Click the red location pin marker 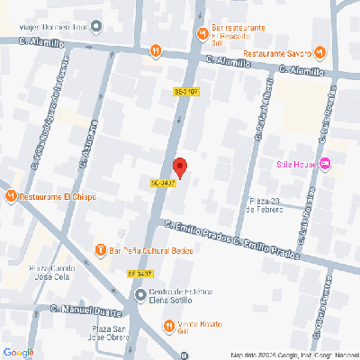[x=179, y=167]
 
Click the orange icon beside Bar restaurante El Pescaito [x=201, y=34]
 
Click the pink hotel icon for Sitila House [x=326, y=163]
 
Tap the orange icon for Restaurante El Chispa [x=10, y=195]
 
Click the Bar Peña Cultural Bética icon [x=101, y=248]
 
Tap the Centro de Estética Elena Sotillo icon [x=139, y=294]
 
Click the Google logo [x=18, y=351]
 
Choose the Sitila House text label [x=295, y=163]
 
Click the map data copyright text [x=292, y=354]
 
